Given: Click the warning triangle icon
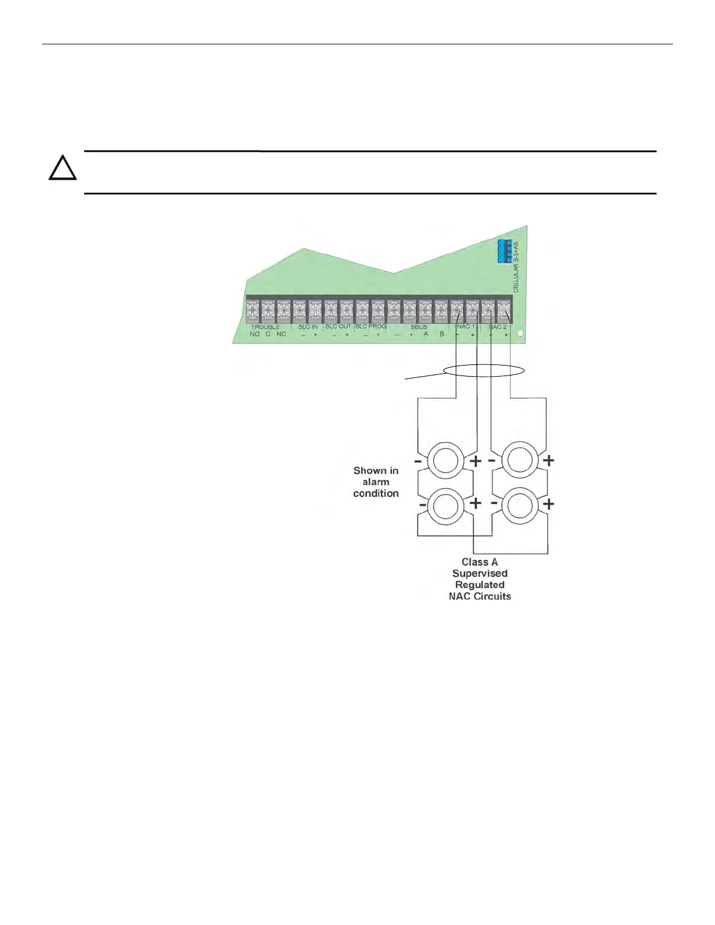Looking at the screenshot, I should (63, 169).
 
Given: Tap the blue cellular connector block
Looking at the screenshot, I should (505, 251).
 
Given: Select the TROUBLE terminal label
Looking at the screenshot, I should (265, 327).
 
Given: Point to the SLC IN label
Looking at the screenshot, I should (308, 327).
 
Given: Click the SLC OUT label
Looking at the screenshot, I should (338, 326).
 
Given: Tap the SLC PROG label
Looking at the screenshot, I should (370, 326).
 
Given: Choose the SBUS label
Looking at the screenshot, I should (419, 327).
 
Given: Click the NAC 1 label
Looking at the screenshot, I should (466, 327).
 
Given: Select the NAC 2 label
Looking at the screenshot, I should (498, 327).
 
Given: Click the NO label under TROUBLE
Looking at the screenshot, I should (255, 334).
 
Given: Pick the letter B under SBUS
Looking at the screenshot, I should (442, 334).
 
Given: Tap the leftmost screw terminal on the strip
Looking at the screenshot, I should (254, 309).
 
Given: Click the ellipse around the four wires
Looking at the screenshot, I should (484, 370).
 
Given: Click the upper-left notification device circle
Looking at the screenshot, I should (446, 461).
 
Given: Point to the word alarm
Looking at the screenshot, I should (376, 482).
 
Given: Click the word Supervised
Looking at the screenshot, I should (480, 573).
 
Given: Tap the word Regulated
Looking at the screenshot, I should (480, 585).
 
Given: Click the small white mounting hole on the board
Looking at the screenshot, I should (520, 336).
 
